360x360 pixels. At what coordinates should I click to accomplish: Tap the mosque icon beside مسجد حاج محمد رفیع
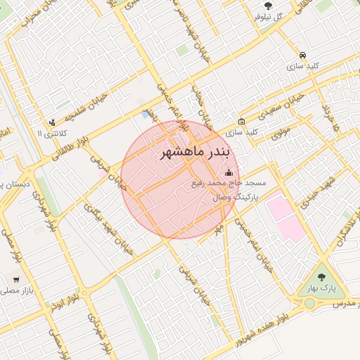point(228,173)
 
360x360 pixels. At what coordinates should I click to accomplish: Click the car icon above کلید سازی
point(302,55)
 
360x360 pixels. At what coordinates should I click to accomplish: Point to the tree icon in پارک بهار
point(323,276)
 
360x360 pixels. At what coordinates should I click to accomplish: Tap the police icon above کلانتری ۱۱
point(52,122)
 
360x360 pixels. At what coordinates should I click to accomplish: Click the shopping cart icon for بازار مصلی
point(15,278)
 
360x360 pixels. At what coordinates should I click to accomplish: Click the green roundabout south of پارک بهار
point(309,303)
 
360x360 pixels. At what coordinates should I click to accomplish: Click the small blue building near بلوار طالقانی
point(146,114)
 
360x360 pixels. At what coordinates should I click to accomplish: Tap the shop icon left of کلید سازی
point(242,121)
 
